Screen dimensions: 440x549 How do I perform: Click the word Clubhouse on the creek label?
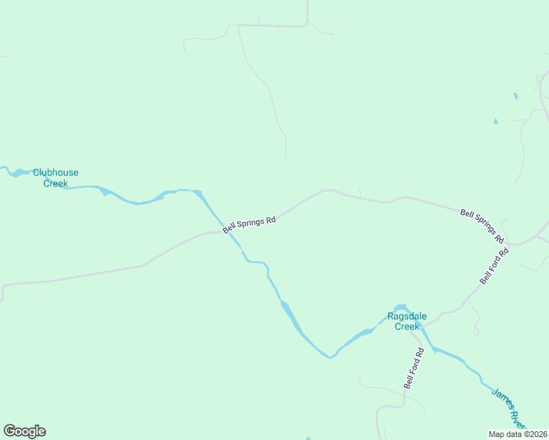[55, 173]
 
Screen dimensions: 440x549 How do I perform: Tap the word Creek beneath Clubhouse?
[55, 183]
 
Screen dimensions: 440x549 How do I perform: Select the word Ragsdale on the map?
[407, 317]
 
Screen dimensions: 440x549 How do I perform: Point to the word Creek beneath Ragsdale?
[407, 326]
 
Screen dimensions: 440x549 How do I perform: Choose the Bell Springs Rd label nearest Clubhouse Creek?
[250, 221]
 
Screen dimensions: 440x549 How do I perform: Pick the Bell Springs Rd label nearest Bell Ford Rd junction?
[481, 226]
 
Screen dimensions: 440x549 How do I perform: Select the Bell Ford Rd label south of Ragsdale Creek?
[414, 369]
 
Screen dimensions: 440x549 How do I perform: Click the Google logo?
[24, 431]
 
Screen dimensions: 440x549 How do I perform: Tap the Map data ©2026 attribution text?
[518, 433]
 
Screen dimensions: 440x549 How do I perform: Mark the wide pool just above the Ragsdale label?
[401, 307]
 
